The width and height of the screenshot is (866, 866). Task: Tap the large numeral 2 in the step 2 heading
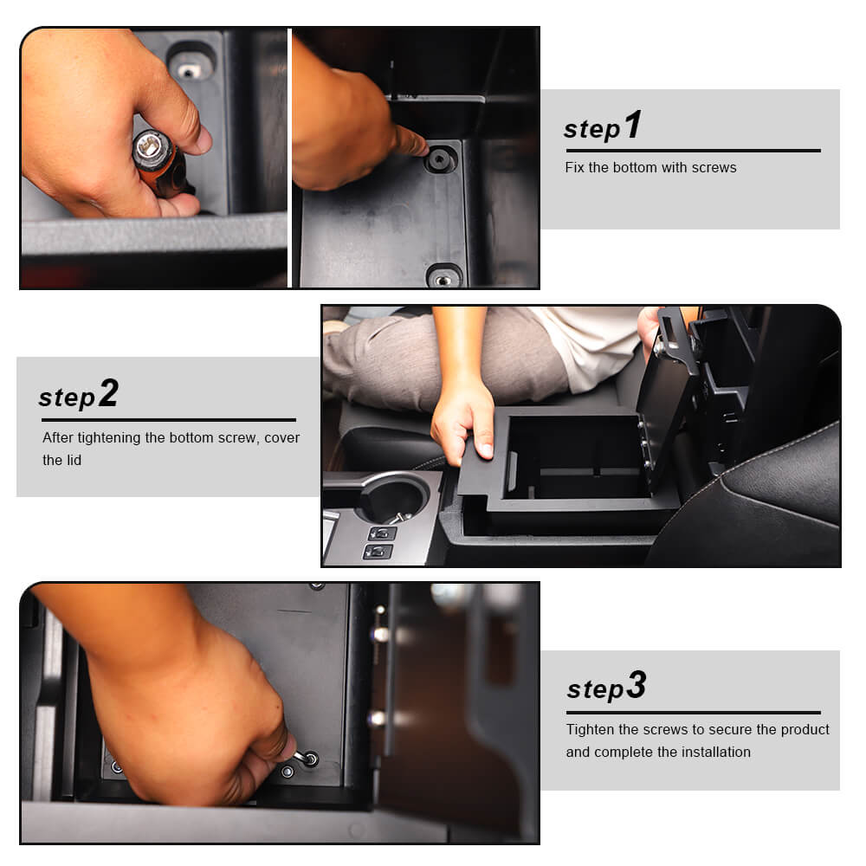(109, 393)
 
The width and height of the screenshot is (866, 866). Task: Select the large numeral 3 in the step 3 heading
(637, 685)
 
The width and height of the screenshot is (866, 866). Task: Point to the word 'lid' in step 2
(74, 460)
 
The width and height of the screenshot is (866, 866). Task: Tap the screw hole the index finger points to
(440, 160)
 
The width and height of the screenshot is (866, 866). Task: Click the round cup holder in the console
(393, 497)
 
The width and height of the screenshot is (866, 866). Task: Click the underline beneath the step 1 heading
(693, 150)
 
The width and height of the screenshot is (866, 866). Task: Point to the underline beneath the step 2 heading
(169, 420)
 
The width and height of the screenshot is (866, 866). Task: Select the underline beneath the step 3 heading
(693, 713)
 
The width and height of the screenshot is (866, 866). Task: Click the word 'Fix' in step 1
(574, 167)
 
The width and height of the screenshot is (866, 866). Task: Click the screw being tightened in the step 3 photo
(310, 759)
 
